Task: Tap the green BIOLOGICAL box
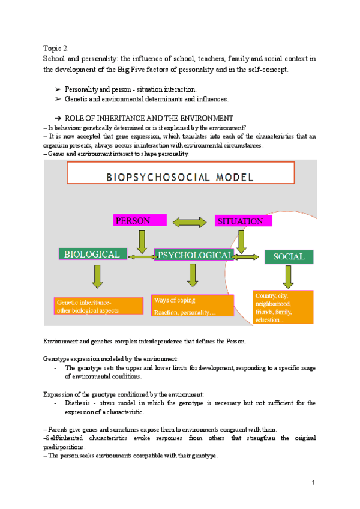click(93, 254)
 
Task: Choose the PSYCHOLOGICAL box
click(194, 255)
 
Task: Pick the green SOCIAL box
click(289, 257)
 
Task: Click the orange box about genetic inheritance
click(98, 306)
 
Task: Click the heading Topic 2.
click(58, 47)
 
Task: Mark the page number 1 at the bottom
click(314, 483)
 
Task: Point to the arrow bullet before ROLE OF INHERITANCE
click(58, 118)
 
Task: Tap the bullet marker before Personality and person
click(58, 89)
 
